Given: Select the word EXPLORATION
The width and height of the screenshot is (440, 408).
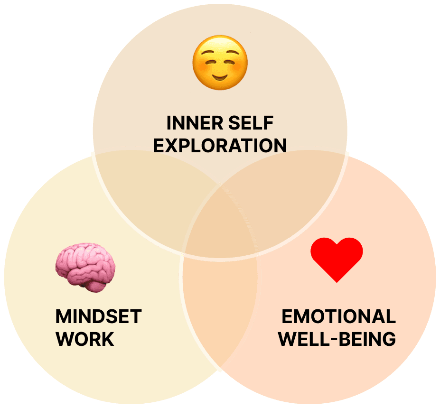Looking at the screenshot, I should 220,146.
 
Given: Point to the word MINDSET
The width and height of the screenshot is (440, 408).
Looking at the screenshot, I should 98,316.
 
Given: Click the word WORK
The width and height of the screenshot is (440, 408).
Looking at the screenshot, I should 85,339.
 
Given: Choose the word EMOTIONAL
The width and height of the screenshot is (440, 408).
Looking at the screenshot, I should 338,316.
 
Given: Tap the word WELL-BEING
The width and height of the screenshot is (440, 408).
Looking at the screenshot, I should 337,339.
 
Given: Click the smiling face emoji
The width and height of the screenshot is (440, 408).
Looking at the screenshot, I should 220,63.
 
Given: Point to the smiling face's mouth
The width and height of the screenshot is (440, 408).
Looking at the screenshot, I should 220,75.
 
